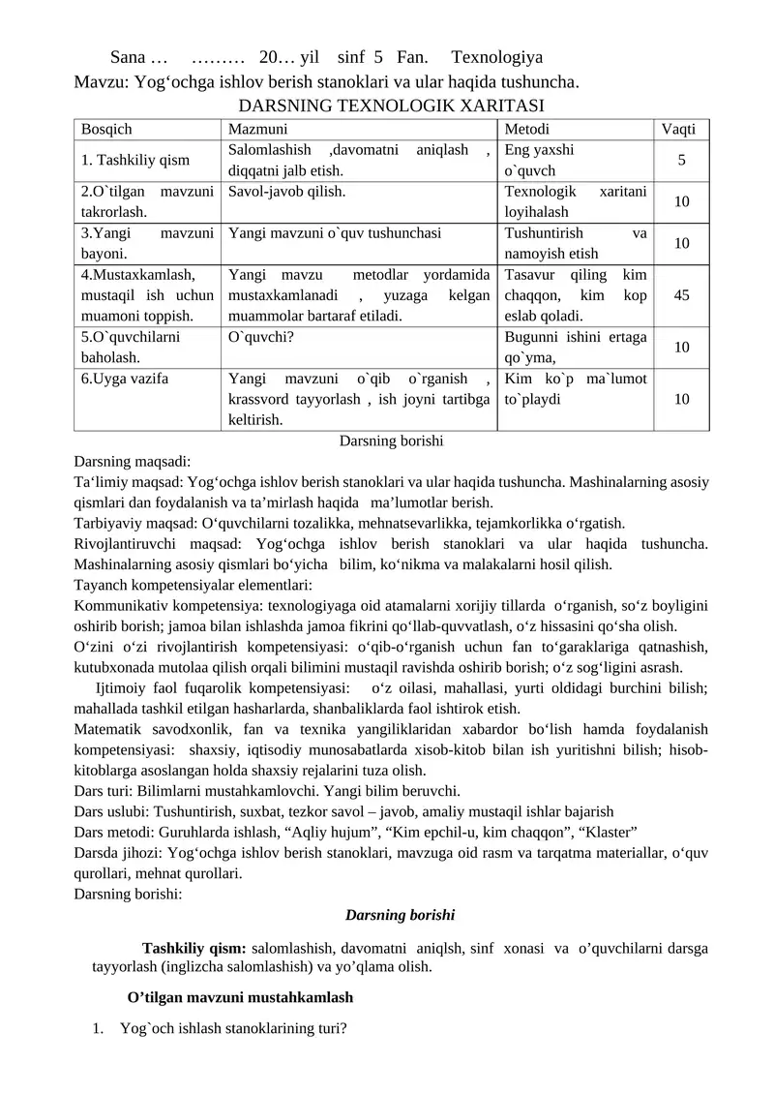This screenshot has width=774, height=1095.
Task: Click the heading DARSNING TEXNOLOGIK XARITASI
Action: pos(391,105)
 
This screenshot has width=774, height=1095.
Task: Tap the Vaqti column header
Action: pos(681,130)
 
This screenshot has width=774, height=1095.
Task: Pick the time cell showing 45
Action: pos(681,295)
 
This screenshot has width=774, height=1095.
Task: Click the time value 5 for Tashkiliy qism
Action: pos(681,160)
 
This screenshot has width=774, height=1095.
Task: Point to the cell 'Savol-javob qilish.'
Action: pos(285,191)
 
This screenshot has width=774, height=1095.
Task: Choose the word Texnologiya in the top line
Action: pos(496,57)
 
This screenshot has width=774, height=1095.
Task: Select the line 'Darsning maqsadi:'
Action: pos(133,461)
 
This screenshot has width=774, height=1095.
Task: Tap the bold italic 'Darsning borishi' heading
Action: pos(400,914)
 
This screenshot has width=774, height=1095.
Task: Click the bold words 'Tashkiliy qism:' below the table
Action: pos(193,948)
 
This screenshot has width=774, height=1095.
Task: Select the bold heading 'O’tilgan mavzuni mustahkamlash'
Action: pos(240,996)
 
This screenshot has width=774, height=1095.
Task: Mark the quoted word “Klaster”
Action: pos(609,832)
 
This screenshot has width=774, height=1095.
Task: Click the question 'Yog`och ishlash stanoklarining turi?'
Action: pos(233,1028)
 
